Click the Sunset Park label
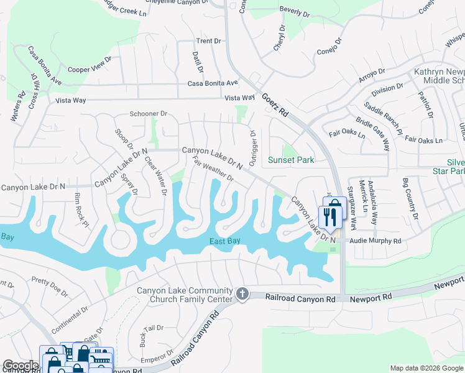point(290,160)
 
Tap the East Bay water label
point(224,242)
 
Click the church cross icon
point(242,293)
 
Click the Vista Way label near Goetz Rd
point(239,98)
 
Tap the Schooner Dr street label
point(149,114)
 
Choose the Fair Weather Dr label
point(213,169)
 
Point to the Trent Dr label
point(208,41)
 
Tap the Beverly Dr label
point(295,12)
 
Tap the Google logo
point(20,366)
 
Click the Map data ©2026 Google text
point(426,368)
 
